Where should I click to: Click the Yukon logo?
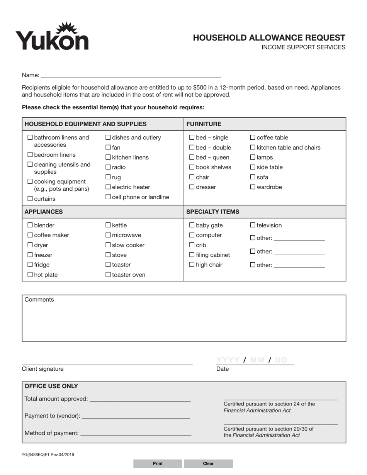[x=52, y=37]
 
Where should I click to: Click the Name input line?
[x=131, y=75]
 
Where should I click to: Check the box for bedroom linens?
[x=30, y=155]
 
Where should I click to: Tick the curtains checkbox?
[x=30, y=199]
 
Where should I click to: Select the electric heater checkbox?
[x=108, y=187]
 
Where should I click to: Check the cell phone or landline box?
[x=108, y=197]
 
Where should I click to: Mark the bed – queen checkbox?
[x=192, y=158]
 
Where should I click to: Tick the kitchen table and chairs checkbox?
[x=253, y=148]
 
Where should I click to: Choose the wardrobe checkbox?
[x=253, y=187]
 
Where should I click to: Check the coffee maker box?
[x=30, y=235]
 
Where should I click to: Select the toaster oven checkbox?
[x=108, y=275]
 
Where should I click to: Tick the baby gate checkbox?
[x=192, y=226]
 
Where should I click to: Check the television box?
[x=253, y=225]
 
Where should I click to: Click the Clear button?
[x=208, y=463]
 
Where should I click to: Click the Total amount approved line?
[x=140, y=399]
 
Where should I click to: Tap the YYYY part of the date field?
[x=228, y=360]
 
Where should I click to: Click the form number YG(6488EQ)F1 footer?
[x=48, y=455]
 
